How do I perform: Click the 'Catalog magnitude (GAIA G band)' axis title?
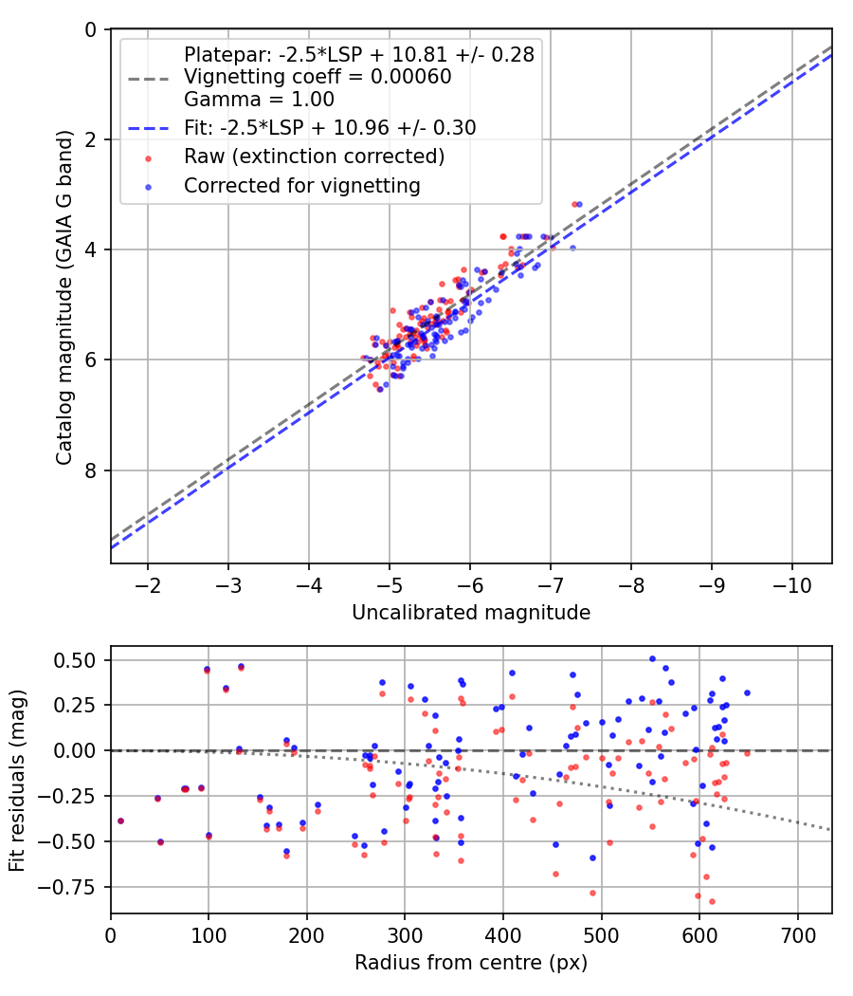[64, 297]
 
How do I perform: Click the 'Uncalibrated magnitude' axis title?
[471, 613]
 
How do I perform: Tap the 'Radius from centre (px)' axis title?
[471, 963]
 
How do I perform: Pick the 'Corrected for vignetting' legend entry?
[302, 186]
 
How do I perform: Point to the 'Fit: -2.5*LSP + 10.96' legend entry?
[330, 127]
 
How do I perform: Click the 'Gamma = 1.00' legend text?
[259, 98]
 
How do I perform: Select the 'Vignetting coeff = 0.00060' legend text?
[318, 77]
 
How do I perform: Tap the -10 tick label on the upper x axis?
[791, 581]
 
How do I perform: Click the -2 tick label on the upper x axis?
[148, 581]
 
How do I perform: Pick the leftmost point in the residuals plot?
[120, 821]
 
